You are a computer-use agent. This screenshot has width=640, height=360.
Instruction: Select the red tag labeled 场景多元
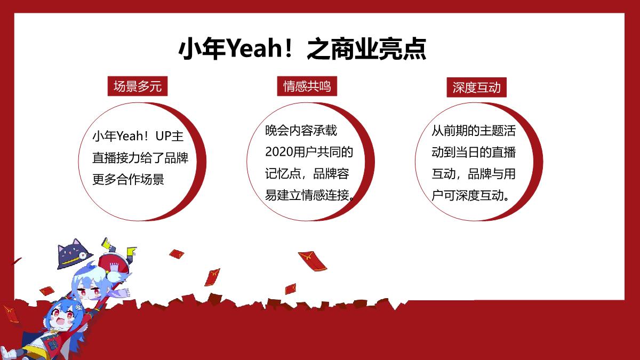click(x=138, y=86)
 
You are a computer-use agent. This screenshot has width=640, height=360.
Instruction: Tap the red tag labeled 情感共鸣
click(x=307, y=86)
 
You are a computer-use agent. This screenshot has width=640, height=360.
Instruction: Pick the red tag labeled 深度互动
click(x=476, y=87)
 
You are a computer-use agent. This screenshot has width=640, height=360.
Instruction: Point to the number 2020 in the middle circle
click(x=279, y=152)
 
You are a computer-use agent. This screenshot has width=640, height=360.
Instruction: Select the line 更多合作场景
click(x=129, y=179)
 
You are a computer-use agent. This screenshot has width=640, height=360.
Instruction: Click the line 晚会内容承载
click(x=301, y=130)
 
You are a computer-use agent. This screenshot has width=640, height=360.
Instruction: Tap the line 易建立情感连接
click(x=309, y=195)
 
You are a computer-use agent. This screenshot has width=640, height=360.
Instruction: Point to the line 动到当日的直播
click(x=474, y=152)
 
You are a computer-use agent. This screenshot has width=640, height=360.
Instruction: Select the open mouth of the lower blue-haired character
click(x=60, y=322)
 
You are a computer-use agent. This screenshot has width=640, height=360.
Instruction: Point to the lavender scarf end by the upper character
click(x=123, y=292)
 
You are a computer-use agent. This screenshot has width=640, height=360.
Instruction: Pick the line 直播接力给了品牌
click(x=141, y=158)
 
